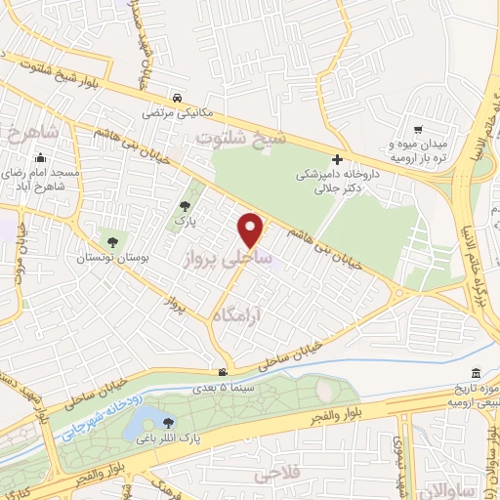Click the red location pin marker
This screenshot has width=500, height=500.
pos(252,229)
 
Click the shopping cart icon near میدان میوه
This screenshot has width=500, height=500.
pos(418,129)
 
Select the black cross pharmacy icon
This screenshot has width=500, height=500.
pos(337,159)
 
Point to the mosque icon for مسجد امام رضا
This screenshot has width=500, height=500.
pos(40,158)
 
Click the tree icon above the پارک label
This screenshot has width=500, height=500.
pos(186,206)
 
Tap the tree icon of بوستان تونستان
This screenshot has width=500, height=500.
pos(112,241)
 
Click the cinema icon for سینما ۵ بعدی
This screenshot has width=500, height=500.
pos(224,372)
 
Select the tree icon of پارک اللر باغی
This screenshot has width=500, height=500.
pos(170,423)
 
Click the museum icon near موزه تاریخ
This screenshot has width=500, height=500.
pos(475,374)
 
